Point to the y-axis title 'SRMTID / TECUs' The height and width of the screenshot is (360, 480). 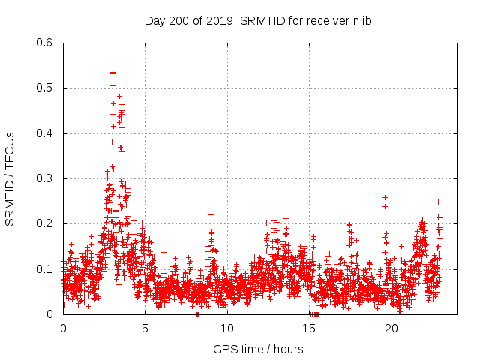pyautogui.click(x=10, y=178)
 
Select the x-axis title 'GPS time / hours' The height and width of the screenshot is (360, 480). pyautogui.click(x=258, y=349)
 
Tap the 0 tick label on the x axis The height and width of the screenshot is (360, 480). pyautogui.click(x=63, y=328)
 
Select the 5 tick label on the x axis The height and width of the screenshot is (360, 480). pyautogui.click(x=145, y=328)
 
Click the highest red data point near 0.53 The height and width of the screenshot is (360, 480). pyautogui.click(x=112, y=73)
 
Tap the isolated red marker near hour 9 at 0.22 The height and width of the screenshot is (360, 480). pyautogui.click(x=211, y=214)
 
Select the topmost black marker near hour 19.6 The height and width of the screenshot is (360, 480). pyautogui.click(x=385, y=197)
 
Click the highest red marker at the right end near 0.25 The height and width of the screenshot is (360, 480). pyautogui.click(x=438, y=202)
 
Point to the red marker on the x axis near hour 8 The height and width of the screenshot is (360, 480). pyautogui.click(x=197, y=313)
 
